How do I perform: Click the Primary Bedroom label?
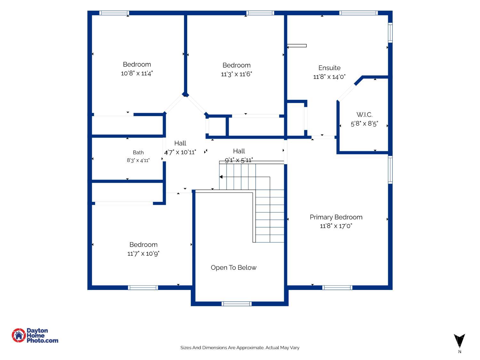336,217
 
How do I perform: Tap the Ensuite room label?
329,68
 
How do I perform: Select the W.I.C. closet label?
364,115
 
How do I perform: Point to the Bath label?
138,152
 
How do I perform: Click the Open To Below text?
234,268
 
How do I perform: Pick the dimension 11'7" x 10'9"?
143,253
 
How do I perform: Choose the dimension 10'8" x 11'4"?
137,73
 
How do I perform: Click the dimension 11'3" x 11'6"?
236,74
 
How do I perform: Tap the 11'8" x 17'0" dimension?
336,226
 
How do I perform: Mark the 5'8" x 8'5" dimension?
364,124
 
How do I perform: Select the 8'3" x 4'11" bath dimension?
138,160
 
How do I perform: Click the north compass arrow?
460,341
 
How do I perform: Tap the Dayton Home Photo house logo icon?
19,335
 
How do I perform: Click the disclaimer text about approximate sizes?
240,348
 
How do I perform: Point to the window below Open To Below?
236,304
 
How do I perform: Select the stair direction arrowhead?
221,177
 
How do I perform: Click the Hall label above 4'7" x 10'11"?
180,143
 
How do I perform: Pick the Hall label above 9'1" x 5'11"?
239,151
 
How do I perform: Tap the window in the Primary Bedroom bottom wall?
337,288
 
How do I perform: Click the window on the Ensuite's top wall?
358,13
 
